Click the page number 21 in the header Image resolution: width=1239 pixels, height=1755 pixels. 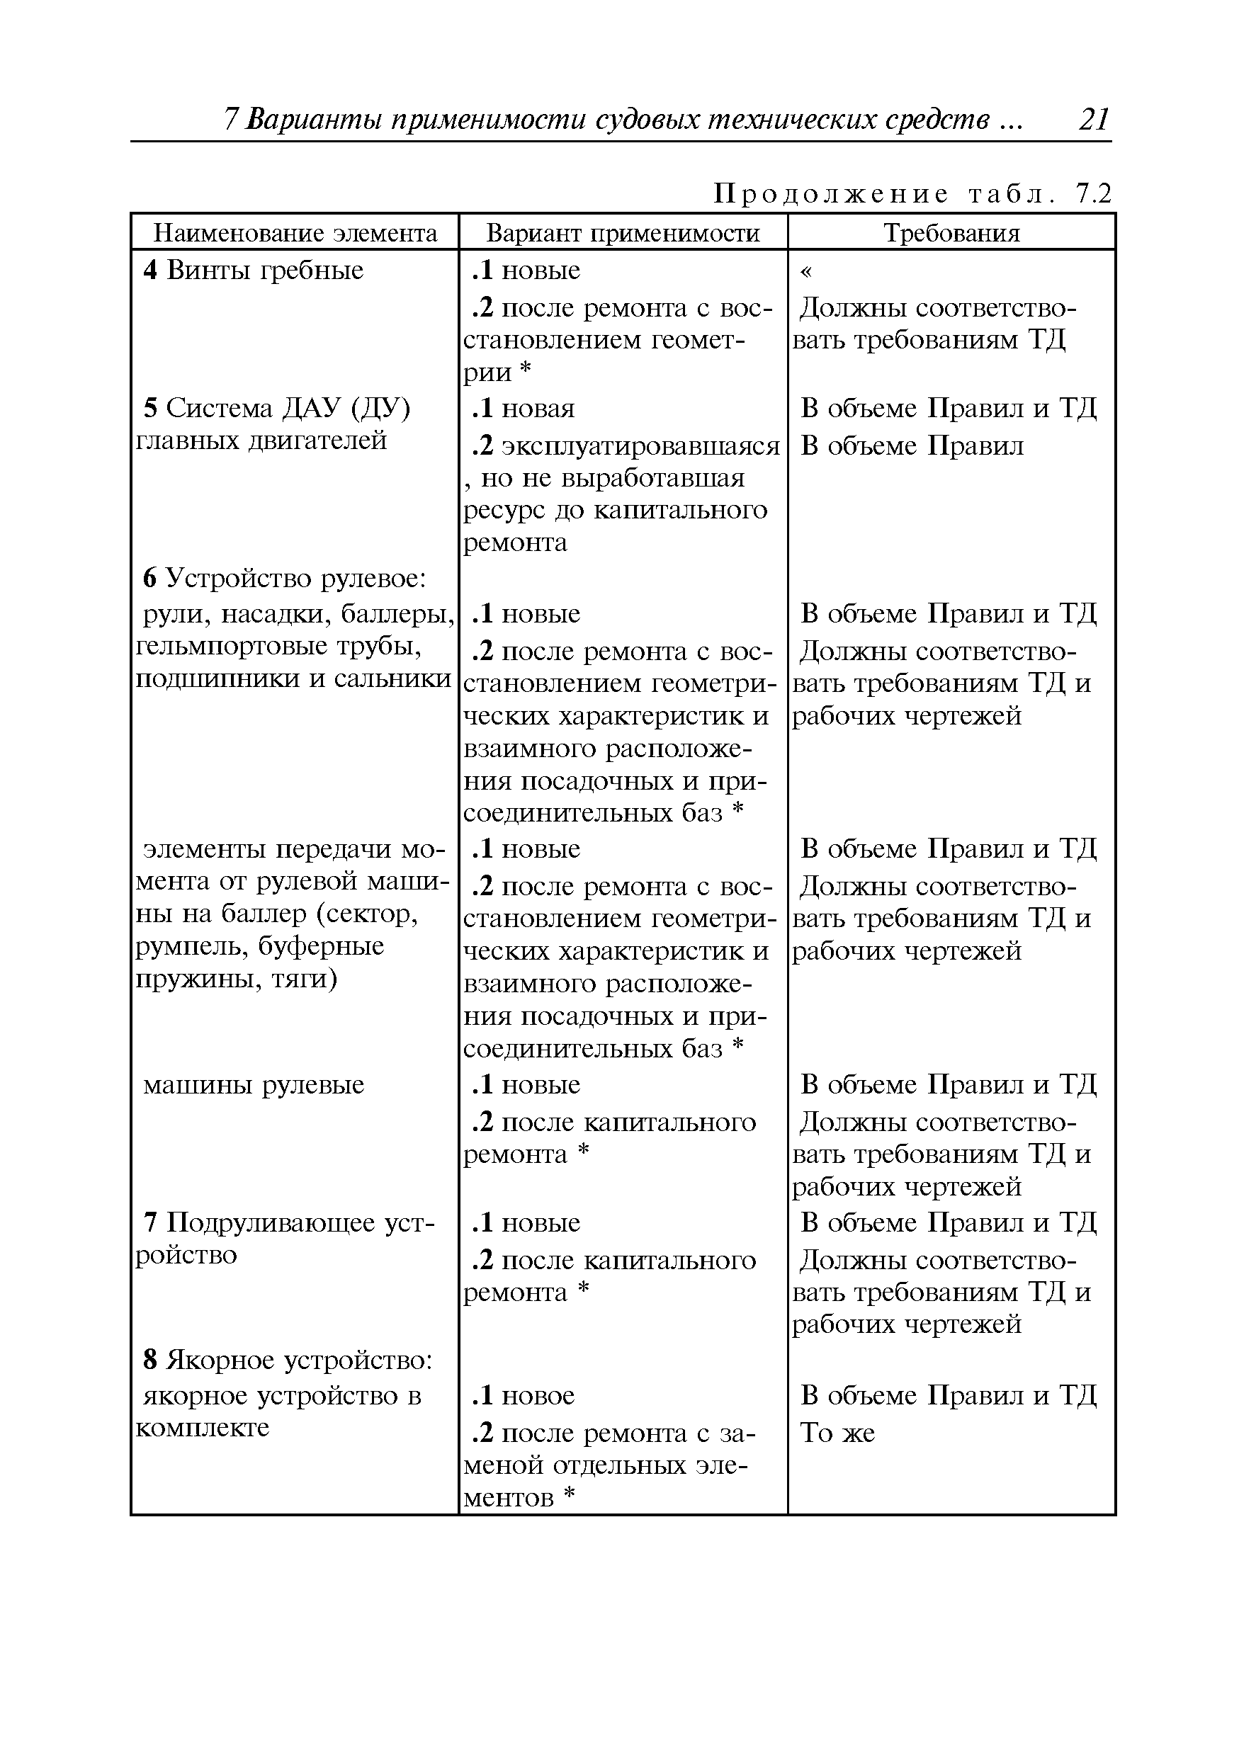coord(1093,120)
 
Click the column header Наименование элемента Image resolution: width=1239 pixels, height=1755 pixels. coord(295,232)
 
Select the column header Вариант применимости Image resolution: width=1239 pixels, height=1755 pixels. coord(623,232)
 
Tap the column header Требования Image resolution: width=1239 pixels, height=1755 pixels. coord(951,232)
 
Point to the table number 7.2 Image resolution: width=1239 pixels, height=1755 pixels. coord(1093,195)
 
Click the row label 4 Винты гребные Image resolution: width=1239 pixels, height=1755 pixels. coord(253,271)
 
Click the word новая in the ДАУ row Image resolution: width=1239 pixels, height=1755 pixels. coord(538,409)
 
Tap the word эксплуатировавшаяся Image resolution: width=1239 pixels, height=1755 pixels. coord(640,445)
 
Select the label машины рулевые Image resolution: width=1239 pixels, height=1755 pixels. coord(254,1084)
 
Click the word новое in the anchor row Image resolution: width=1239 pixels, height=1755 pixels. coord(538,1396)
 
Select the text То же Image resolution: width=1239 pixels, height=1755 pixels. coord(837,1433)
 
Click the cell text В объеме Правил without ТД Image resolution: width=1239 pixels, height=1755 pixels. coord(911,445)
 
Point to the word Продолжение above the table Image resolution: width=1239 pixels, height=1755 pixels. coord(830,195)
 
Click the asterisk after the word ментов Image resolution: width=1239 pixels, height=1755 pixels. coord(568,1496)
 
